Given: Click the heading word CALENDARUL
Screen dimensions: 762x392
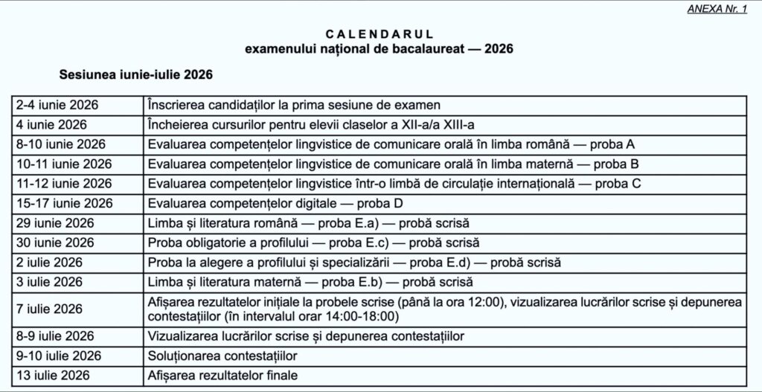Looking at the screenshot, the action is point(380,34).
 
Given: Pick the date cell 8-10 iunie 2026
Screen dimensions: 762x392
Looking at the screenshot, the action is point(61,144).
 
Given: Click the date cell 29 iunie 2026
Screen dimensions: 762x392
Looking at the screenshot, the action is point(55,222).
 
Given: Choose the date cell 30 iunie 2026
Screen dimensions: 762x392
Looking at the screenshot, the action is point(55,242).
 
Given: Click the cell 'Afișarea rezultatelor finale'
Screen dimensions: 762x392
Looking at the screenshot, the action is point(222,376).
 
